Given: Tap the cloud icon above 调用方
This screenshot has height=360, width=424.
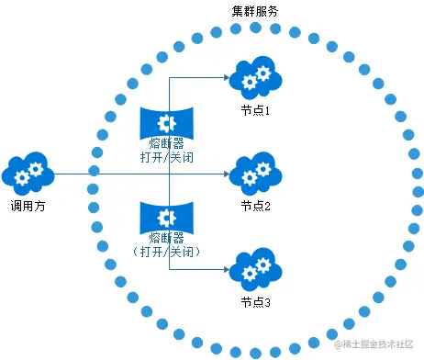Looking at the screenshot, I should pyautogui.click(x=28, y=172).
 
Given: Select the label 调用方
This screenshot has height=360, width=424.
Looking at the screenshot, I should pyautogui.click(x=28, y=207).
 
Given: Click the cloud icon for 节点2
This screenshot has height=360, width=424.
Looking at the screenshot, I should pyautogui.click(x=255, y=172).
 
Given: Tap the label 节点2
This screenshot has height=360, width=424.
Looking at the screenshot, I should pyautogui.click(x=255, y=206).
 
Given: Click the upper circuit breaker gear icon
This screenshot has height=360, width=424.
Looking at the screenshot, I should pyautogui.click(x=168, y=122).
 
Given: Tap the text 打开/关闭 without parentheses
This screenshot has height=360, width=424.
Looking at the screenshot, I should pyautogui.click(x=169, y=158).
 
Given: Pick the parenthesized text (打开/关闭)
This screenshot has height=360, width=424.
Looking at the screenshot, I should pyautogui.click(x=169, y=252).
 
